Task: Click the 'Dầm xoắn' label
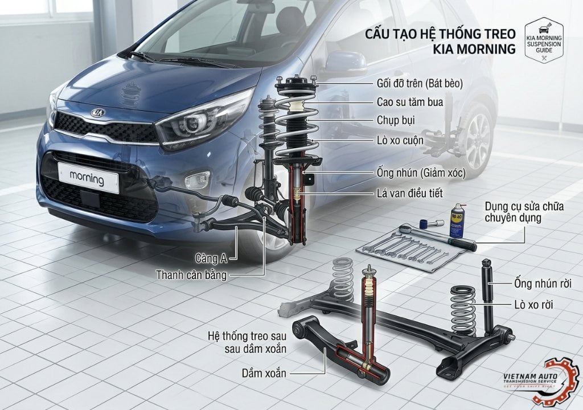[262, 373]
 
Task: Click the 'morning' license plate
[87, 178]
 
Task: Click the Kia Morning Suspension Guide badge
[543, 40]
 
